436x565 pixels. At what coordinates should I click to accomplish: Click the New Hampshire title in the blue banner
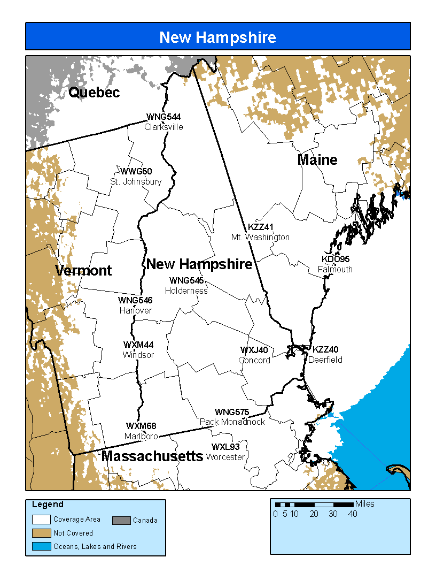(x=217, y=37)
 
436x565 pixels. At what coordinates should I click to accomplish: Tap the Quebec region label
(x=94, y=93)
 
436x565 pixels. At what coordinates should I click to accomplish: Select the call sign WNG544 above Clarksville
(x=163, y=117)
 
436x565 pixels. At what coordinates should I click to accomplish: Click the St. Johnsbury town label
(x=136, y=181)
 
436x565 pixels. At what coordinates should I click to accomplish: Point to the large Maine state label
(x=317, y=159)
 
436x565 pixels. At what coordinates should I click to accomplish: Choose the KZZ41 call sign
(x=261, y=227)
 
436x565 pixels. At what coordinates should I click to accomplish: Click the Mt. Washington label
(x=260, y=237)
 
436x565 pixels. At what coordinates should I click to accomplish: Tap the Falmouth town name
(x=335, y=269)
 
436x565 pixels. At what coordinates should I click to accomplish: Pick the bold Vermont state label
(x=83, y=271)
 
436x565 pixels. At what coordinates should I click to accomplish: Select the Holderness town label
(x=186, y=291)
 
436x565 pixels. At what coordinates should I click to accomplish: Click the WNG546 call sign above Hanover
(x=135, y=300)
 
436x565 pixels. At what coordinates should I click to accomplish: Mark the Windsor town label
(x=138, y=355)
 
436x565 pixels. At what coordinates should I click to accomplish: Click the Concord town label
(x=254, y=360)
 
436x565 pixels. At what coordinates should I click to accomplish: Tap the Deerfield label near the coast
(x=325, y=360)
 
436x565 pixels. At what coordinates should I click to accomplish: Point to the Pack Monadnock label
(x=232, y=422)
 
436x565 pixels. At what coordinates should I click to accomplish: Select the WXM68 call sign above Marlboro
(x=141, y=426)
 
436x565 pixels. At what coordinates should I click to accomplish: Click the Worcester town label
(x=225, y=457)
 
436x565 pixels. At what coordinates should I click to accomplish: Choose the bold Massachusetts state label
(x=152, y=456)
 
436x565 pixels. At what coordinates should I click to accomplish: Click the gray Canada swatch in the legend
(x=121, y=520)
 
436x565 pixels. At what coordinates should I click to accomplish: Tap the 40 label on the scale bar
(x=353, y=514)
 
